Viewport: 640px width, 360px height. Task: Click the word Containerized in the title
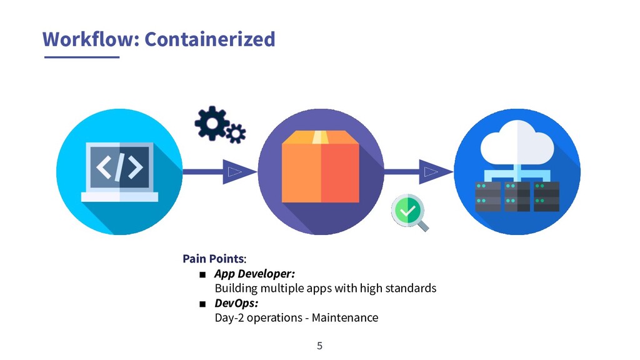click(x=209, y=39)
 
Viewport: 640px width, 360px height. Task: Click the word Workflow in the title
click(x=89, y=39)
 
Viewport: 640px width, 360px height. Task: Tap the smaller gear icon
click(x=236, y=133)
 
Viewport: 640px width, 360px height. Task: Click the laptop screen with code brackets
click(x=119, y=167)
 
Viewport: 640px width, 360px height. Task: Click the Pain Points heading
click(x=213, y=259)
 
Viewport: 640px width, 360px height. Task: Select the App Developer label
click(x=254, y=274)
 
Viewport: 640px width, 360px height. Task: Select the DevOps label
click(x=236, y=303)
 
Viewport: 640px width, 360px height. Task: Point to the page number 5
click(x=320, y=346)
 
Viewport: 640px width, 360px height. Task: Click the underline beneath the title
click(x=81, y=57)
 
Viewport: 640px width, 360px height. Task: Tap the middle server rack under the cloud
click(x=517, y=196)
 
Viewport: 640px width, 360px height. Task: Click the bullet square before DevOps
click(x=202, y=304)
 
